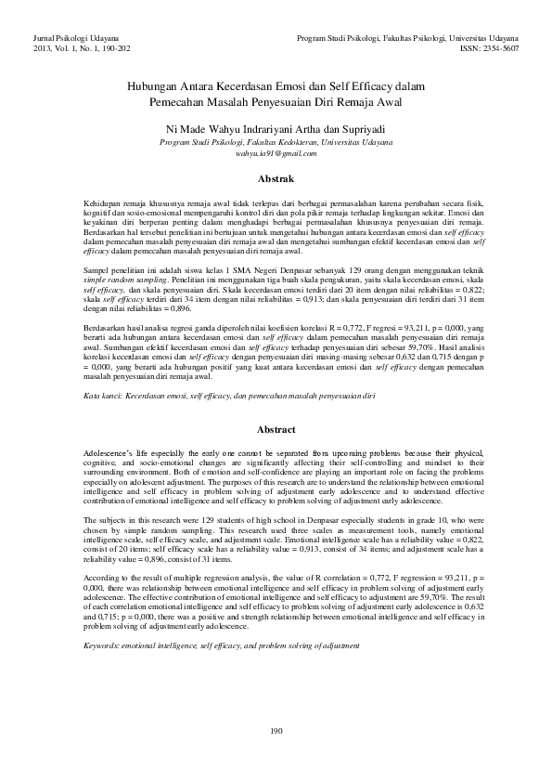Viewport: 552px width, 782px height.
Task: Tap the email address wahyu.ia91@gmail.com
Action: click(x=276, y=153)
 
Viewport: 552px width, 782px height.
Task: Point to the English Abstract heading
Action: click(x=276, y=430)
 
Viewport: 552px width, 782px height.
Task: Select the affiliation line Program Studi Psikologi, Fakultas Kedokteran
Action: click(x=276, y=143)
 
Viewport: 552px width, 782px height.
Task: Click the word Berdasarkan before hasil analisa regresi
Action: click(x=105, y=328)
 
